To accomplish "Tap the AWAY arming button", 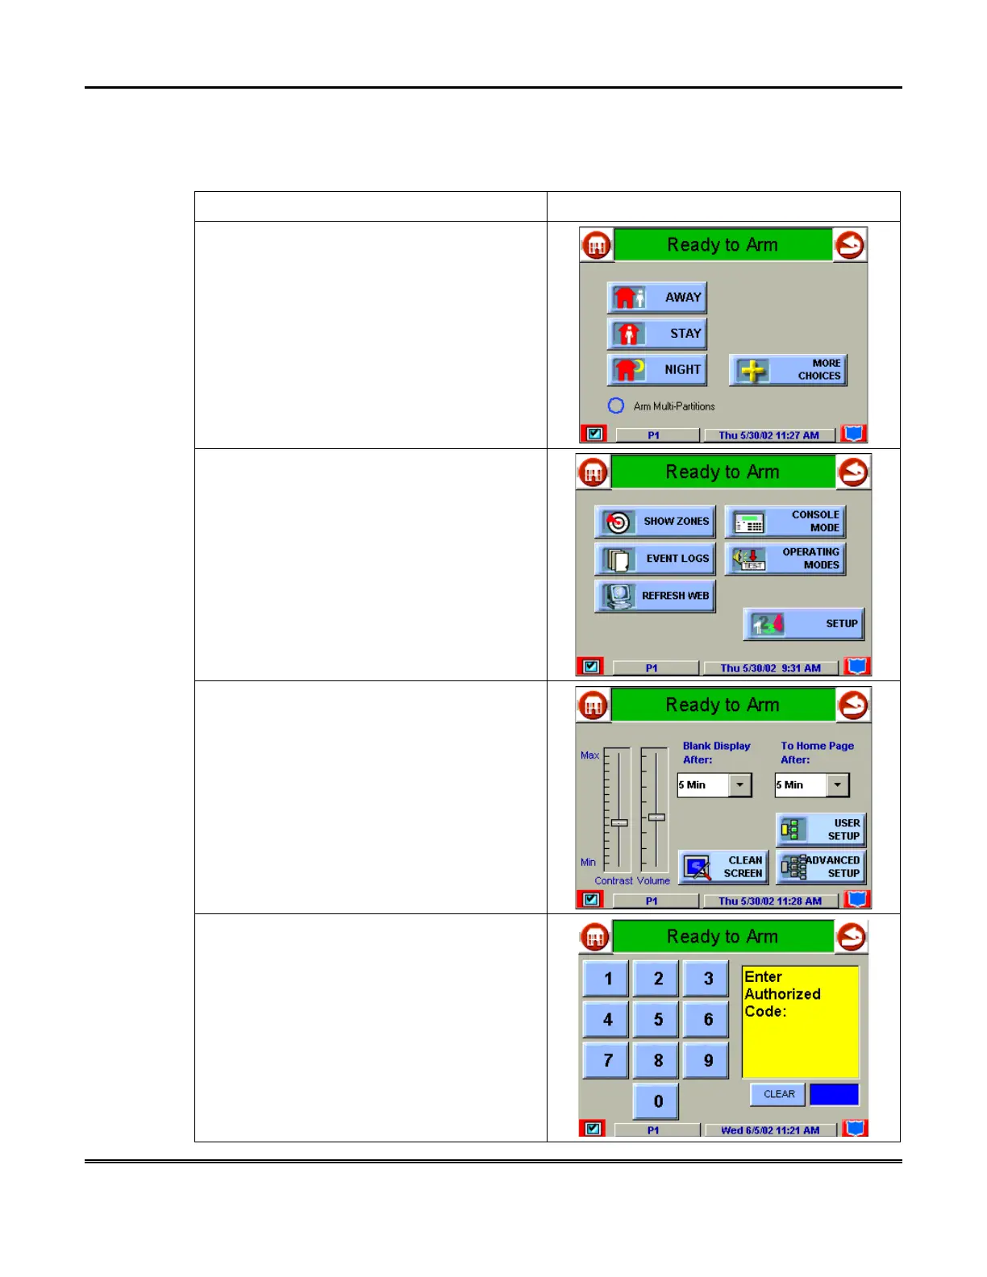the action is click(657, 297).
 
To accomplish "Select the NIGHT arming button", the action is click(657, 370).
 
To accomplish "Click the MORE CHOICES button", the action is click(788, 370).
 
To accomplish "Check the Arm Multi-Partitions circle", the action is click(616, 406).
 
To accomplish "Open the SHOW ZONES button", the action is click(655, 522).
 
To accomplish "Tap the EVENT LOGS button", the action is click(655, 559).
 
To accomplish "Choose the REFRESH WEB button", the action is click(655, 597).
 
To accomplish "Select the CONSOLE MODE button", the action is click(785, 522).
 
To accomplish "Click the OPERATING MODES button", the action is click(785, 559).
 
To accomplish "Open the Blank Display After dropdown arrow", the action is click(739, 785).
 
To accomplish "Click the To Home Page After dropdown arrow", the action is click(838, 785).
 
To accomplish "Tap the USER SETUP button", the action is click(821, 830).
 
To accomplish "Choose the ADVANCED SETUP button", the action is click(821, 867).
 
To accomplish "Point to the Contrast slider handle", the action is click(619, 822).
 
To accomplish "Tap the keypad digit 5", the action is click(658, 1020).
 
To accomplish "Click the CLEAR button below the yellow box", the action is click(779, 1094).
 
